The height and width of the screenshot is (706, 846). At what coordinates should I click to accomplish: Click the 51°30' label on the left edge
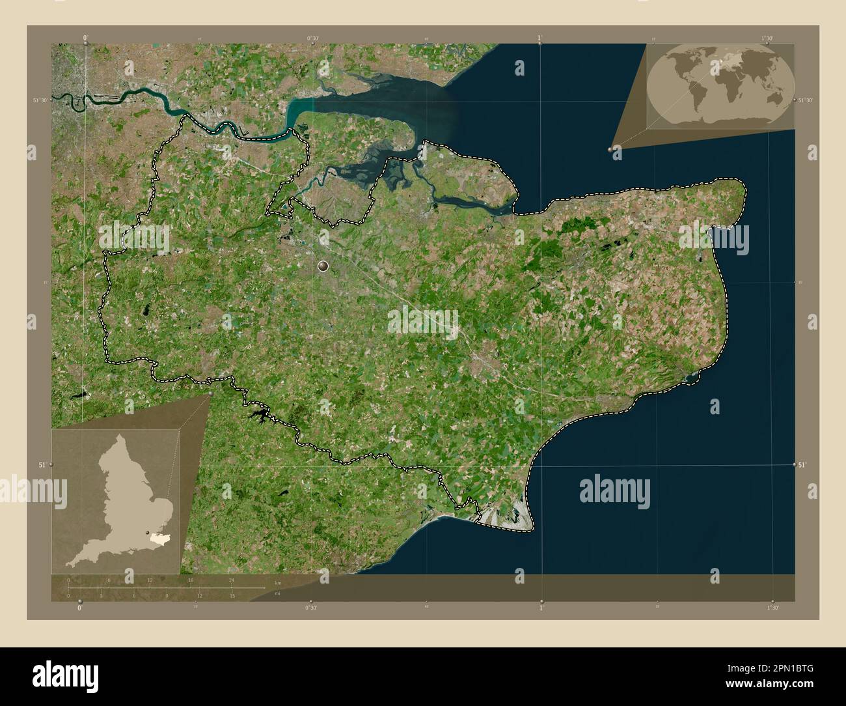(x=40, y=100)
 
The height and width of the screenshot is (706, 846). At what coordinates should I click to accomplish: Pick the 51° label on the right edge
(x=802, y=464)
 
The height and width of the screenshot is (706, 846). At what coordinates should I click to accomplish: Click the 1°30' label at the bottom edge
(x=772, y=607)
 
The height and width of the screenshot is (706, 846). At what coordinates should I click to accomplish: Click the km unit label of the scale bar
(x=278, y=582)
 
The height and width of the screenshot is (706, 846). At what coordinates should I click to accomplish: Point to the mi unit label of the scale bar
(x=278, y=595)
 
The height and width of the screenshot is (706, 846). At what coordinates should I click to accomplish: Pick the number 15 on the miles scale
(x=232, y=595)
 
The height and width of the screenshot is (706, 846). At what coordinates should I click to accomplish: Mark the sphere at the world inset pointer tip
(x=611, y=149)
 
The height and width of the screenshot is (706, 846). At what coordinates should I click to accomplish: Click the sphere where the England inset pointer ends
(x=210, y=393)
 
